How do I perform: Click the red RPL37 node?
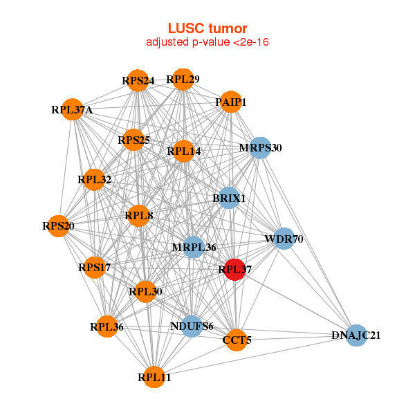click(x=235, y=270)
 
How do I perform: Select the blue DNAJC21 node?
click(x=356, y=335)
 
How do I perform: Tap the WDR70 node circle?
click(x=284, y=239)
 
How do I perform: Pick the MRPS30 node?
click(x=260, y=148)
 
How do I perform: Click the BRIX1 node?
click(x=230, y=199)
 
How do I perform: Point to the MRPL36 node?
click(x=194, y=247)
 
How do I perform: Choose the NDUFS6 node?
click(x=192, y=326)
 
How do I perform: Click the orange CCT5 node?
click(x=237, y=340)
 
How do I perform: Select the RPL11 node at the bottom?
click(x=154, y=377)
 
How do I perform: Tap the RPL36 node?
click(x=107, y=326)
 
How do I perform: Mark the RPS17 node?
click(x=95, y=267)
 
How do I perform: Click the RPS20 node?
click(x=58, y=225)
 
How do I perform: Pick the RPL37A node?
click(x=72, y=109)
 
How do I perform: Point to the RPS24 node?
click(x=138, y=81)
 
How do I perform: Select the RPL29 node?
click(x=183, y=80)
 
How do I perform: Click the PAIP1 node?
click(x=230, y=102)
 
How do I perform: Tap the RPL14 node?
click(x=183, y=151)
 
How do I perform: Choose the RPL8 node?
click(x=139, y=216)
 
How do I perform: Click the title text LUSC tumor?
click(x=207, y=28)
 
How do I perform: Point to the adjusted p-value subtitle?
click(x=207, y=42)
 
